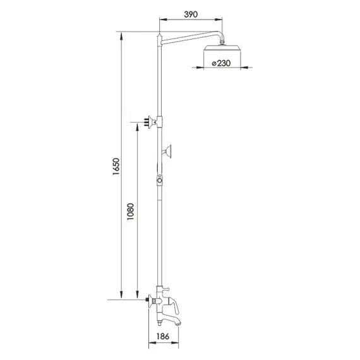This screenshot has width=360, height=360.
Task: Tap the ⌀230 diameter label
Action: (x=222, y=63)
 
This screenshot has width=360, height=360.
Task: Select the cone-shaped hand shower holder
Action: (x=169, y=150)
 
